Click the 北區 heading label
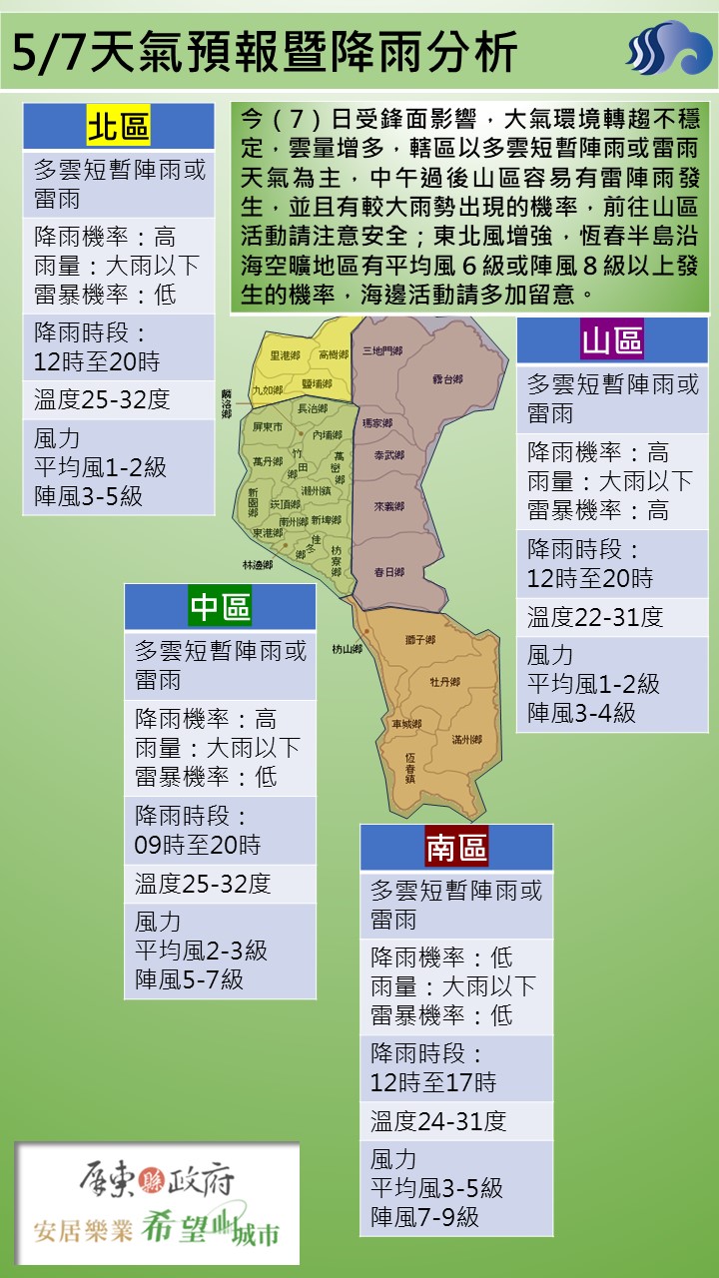[x=118, y=128]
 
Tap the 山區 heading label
[x=612, y=341]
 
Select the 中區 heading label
[x=220, y=606]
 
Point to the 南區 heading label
[x=455, y=848]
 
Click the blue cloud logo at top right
[x=667, y=50]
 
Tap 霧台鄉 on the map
[x=448, y=379]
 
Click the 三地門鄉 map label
[x=381, y=350]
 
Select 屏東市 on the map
[x=269, y=426]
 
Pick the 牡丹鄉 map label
[x=444, y=682]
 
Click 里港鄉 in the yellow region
[x=285, y=354]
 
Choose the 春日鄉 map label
[x=388, y=572]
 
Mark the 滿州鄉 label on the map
[x=466, y=740]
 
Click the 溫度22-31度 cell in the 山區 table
[x=595, y=617]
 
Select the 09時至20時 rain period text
[x=198, y=845]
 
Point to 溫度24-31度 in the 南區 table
[x=438, y=1121]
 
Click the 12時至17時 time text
[x=433, y=1082]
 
